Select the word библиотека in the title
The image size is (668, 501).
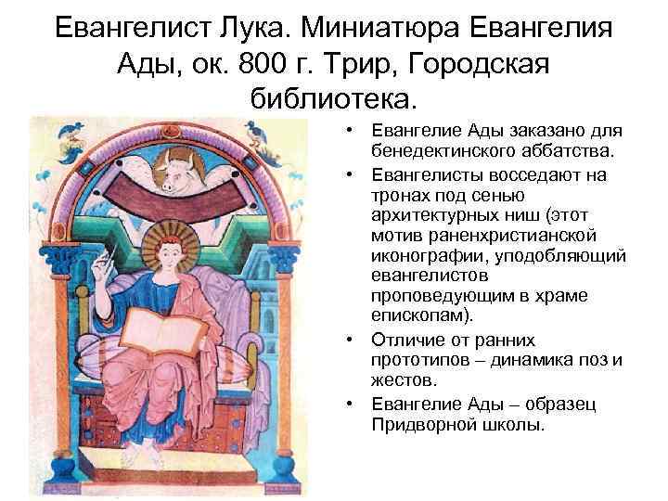[334, 98]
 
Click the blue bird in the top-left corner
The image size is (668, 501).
[67, 136]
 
